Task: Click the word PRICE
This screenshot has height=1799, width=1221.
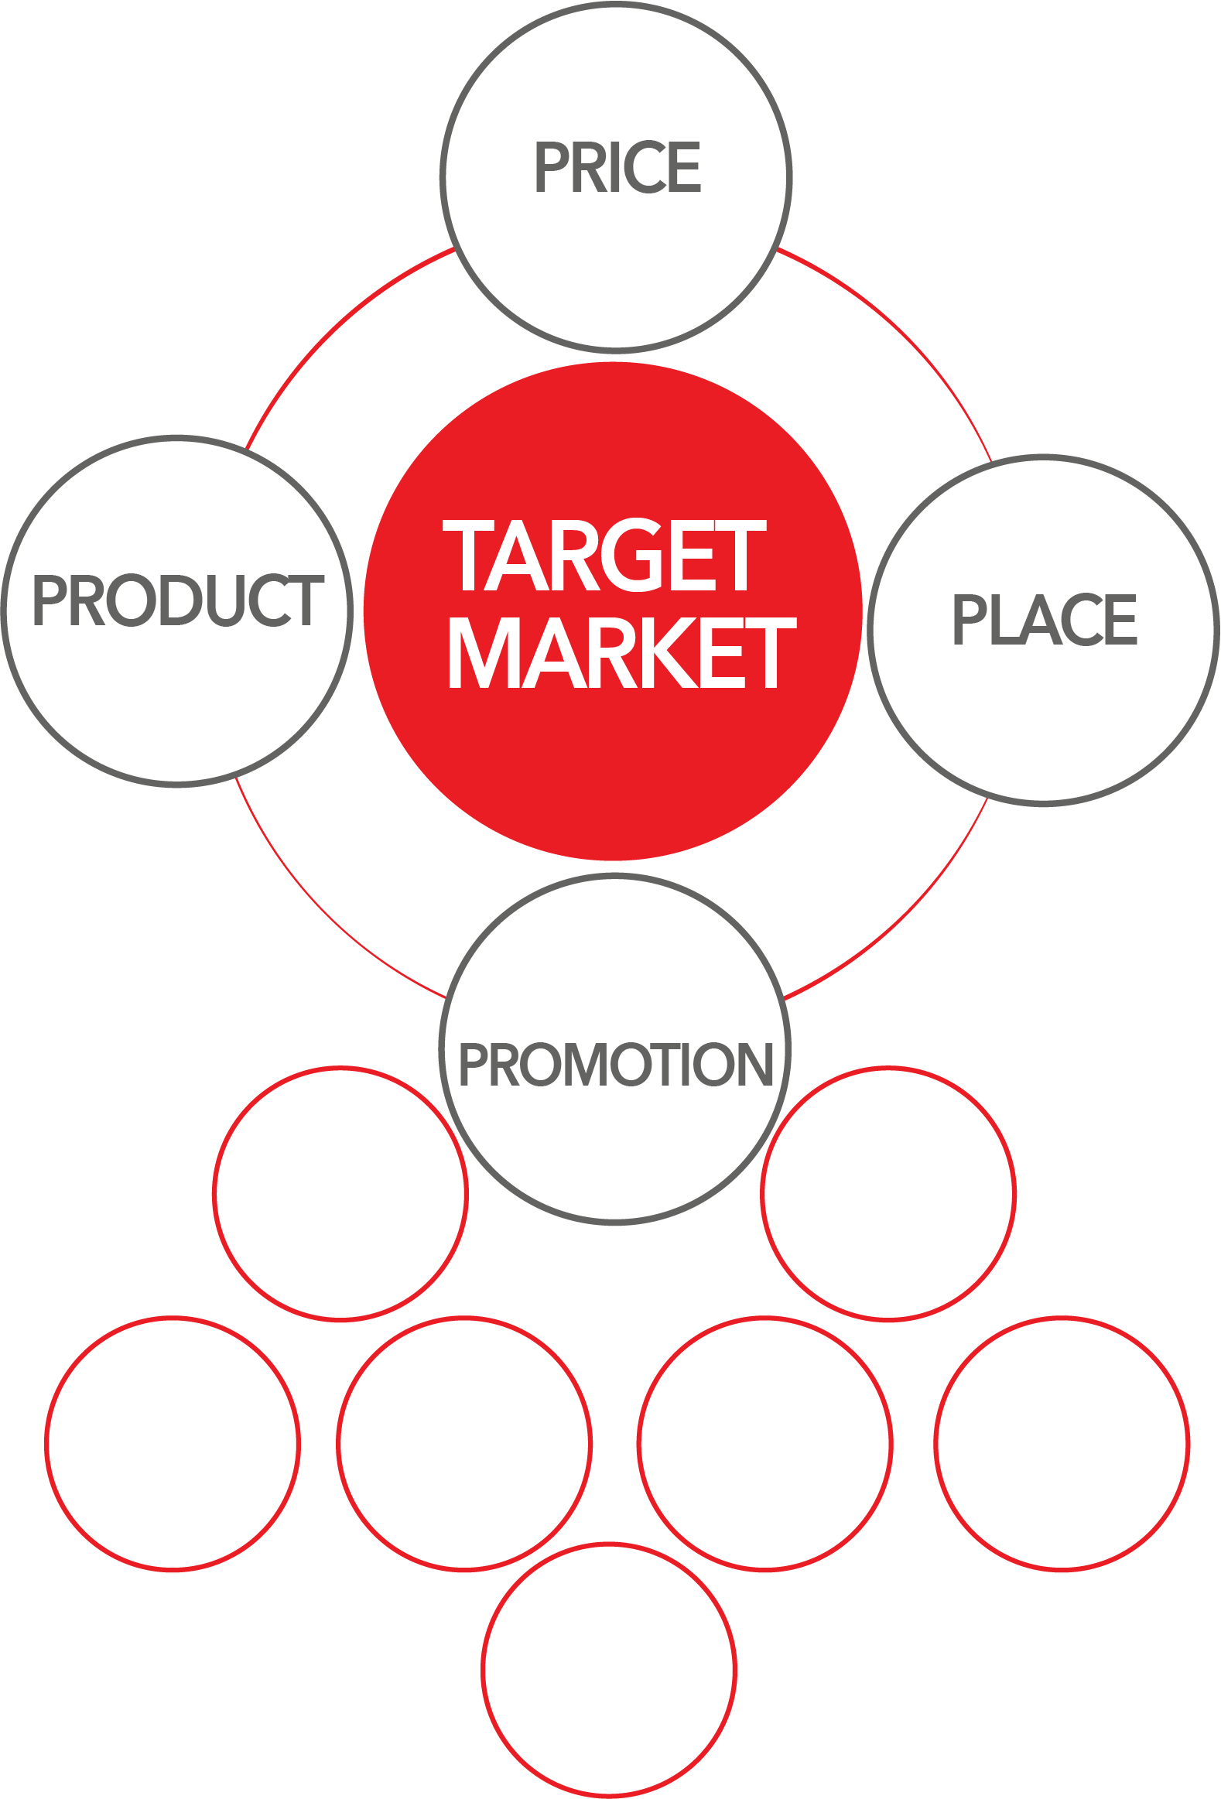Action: (618, 166)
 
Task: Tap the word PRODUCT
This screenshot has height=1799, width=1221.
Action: (177, 600)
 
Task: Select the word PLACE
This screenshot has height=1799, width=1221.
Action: (1045, 618)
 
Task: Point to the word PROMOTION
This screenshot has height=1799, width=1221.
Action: (617, 1064)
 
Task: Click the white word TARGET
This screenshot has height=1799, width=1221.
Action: (604, 554)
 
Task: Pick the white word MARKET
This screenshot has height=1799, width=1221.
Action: (623, 652)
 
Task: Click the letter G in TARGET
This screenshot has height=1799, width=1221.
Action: (632, 554)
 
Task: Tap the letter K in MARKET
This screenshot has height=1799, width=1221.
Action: (668, 652)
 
